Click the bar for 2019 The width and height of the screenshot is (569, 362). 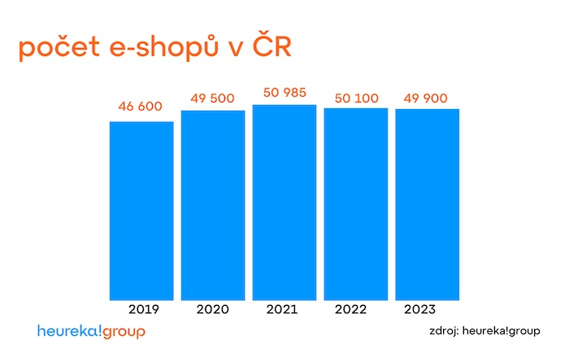141,211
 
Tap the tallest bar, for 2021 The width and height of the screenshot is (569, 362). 284,203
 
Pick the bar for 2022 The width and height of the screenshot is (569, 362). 356,204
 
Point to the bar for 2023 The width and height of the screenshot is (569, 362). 428,204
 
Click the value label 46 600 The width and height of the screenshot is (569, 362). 141,107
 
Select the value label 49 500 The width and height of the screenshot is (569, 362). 213,98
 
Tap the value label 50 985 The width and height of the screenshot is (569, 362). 284,93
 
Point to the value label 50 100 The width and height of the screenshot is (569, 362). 356,98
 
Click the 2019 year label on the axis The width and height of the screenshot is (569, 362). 144,310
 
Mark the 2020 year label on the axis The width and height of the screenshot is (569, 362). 213,310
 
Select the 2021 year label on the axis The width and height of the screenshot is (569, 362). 282,310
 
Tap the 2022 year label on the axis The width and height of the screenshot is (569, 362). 351,310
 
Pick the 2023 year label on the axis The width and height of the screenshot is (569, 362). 419,310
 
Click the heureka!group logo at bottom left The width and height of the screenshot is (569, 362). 91,332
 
